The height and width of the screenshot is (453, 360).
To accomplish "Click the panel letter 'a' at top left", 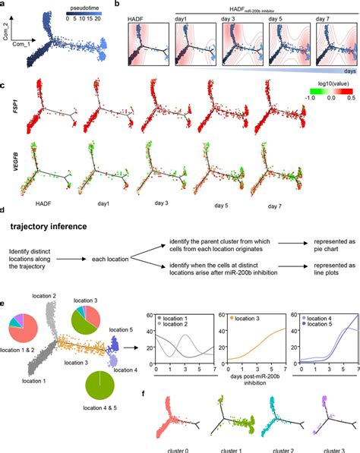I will tap(4, 4).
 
